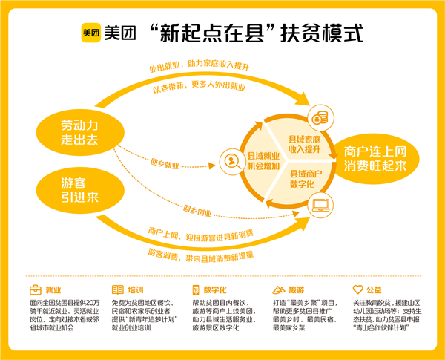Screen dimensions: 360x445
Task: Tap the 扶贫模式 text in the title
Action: click(326, 33)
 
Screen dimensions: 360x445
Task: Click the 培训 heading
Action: click(135, 289)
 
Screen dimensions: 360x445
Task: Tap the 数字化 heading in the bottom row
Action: click(214, 289)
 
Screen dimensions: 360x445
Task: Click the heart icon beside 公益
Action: click(357, 289)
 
